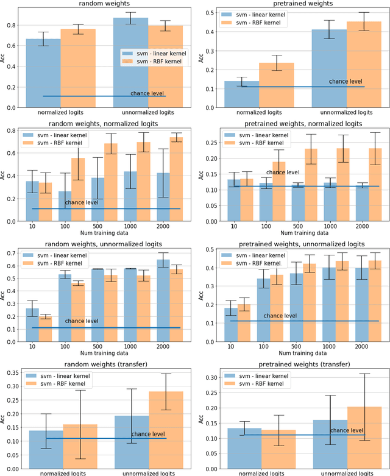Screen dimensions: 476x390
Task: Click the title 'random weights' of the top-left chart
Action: (x=104, y=4)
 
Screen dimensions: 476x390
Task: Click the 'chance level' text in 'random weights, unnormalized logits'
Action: (x=83, y=321)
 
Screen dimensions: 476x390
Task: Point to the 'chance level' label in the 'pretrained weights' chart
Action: (x=346, y=80)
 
